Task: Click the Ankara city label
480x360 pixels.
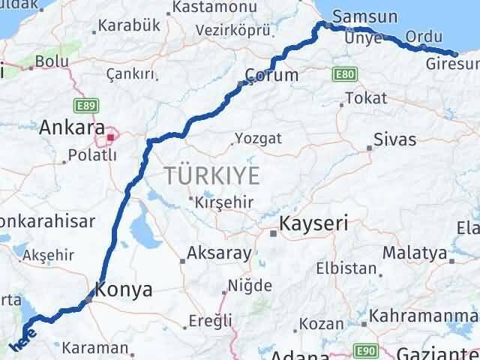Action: pyautogui.click(x=72, y=127)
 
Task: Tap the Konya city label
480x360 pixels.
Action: pyautogui.click(x=124, y=289)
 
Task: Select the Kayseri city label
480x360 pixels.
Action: pyautogui.click(x=313, y=223)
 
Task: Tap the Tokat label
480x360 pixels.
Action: pyautogui.click(x=366, y=98)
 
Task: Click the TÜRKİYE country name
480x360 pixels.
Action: pyautogui.click(x=213, y=177)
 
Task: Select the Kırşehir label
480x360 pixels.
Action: pyautogui.click(x=224, y=202)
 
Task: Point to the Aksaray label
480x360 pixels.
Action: pyautogui.click(x=219, y=253)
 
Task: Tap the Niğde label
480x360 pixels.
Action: pyautogui.click(x=250, y=284)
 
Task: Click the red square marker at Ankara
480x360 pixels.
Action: pyautogui.click(x=111, y=137)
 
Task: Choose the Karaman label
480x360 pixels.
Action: pyautogui.click(x=95, y=347)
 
